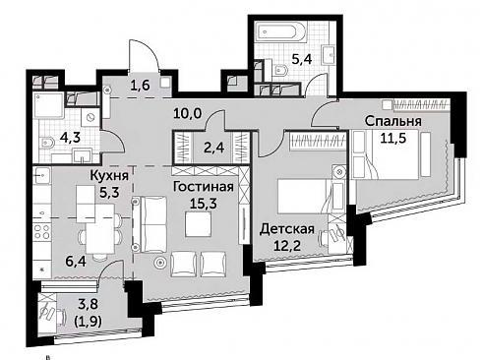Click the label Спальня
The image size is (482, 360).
392,121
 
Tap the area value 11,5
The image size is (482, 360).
393,138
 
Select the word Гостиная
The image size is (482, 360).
204,187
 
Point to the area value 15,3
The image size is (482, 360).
204,204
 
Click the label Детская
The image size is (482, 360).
287,229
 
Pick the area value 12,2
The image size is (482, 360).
287,245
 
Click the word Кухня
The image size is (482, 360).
109,176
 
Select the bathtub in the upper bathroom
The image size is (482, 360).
281,33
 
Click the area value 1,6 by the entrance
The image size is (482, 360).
140,86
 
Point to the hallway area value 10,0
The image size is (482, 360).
188,114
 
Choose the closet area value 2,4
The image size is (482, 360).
214,148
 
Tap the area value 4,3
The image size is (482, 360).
70,138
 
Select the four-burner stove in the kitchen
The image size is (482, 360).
42,231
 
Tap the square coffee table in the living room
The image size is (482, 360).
198,224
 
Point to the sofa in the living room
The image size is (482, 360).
150,224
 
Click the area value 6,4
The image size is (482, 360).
76,262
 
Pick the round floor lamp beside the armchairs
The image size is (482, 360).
160,263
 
